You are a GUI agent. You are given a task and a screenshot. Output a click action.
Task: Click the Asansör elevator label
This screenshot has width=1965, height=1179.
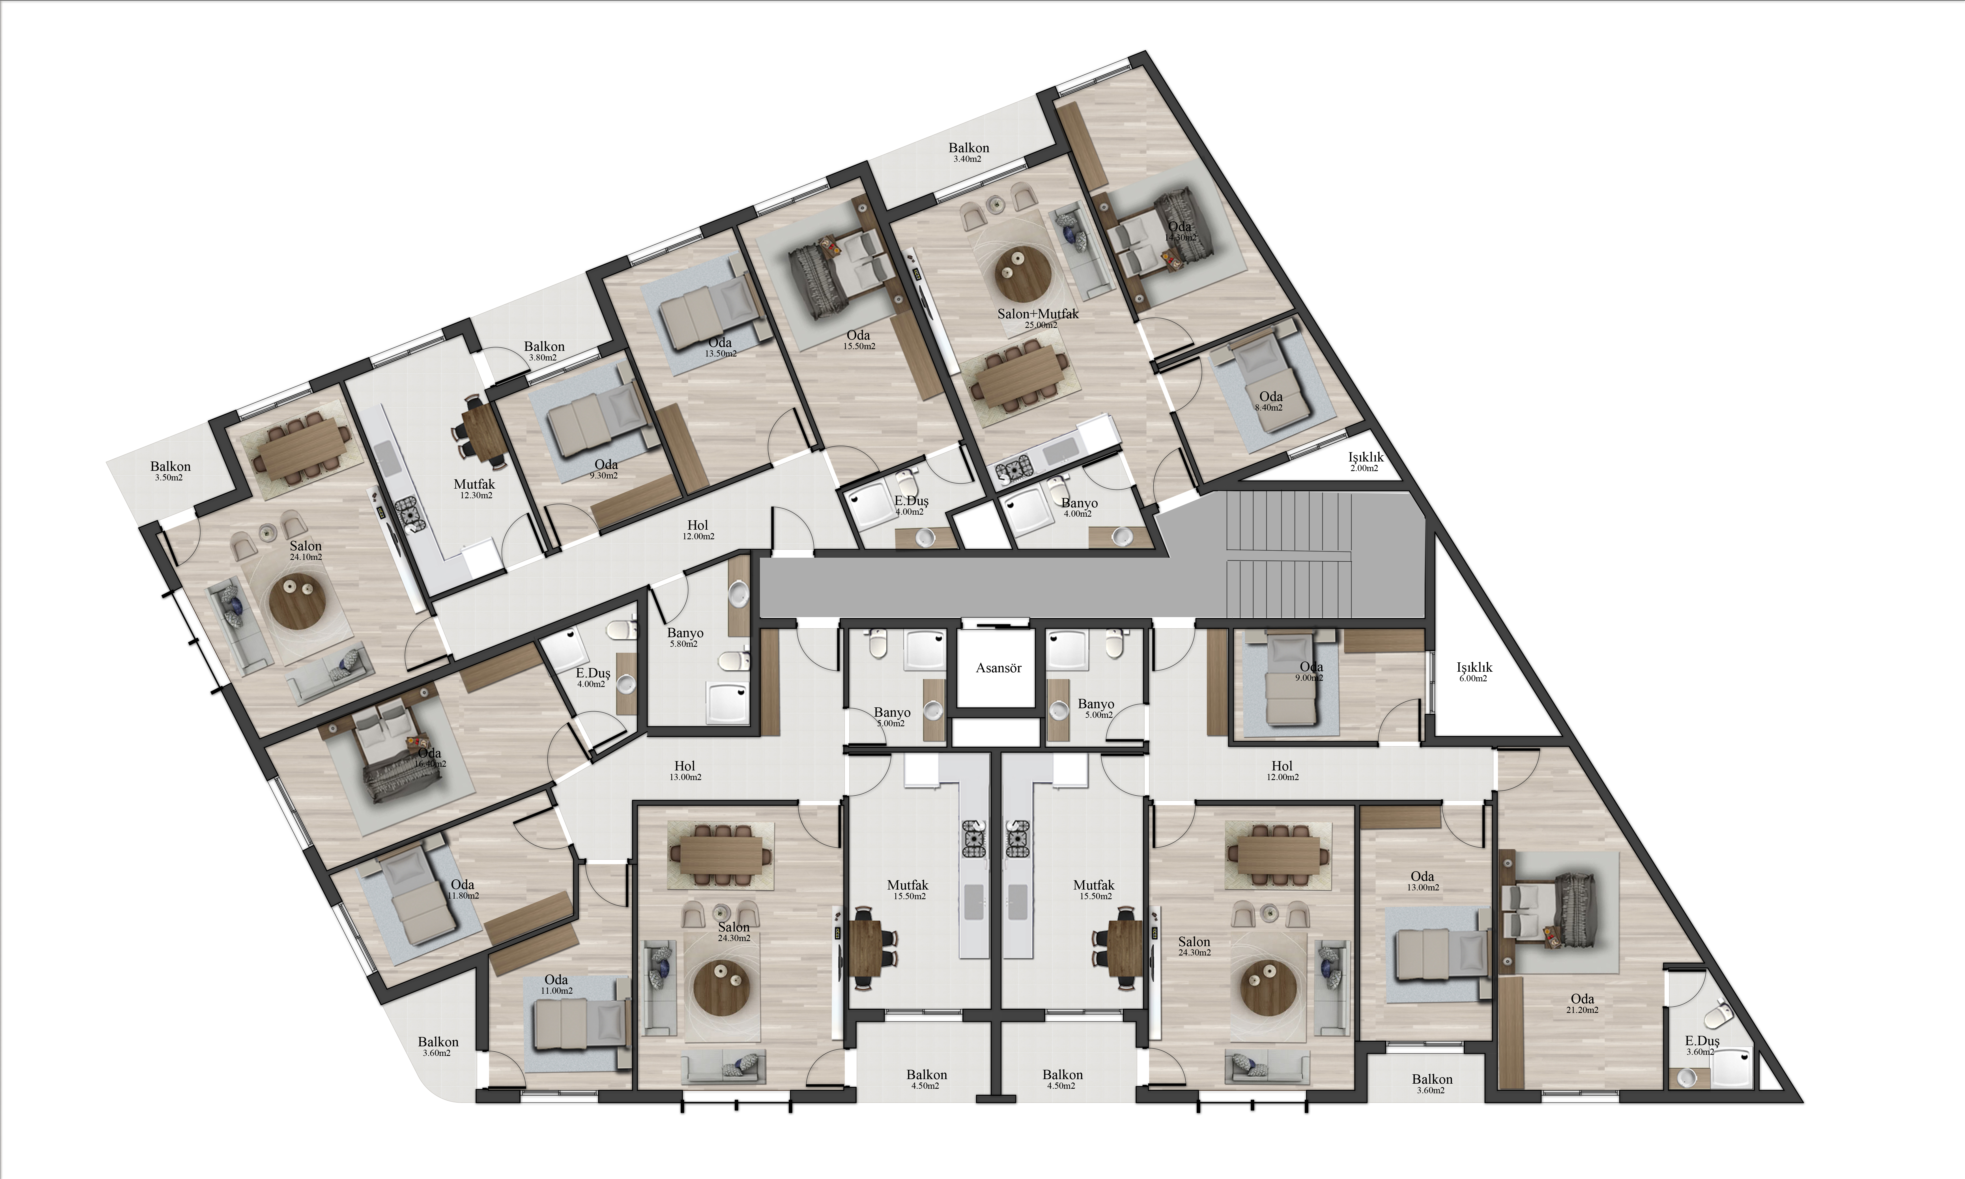coord(998,668)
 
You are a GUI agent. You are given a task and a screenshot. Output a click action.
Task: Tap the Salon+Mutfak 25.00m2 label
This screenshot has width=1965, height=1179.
coord(1038,319)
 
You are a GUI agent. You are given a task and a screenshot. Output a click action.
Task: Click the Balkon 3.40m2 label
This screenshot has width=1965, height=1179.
coord(968,153)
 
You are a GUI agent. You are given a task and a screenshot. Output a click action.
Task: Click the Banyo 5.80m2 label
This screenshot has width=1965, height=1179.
coord(685,638)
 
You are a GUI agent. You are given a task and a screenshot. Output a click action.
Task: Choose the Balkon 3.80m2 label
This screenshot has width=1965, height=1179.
coord(544,351)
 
